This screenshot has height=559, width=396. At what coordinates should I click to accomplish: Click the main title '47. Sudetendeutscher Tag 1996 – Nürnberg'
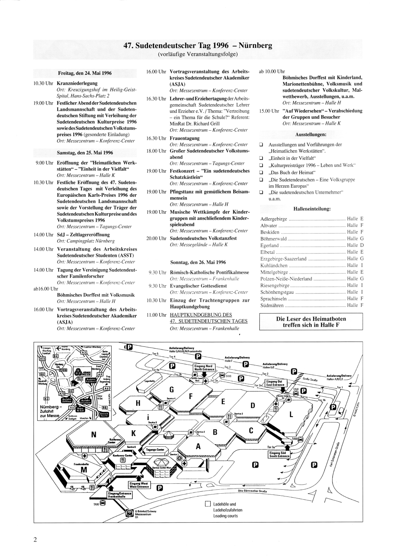198,45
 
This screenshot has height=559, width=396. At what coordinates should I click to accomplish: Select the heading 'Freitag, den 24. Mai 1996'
85,73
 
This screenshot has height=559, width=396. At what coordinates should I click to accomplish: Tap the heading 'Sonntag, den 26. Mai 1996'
198,262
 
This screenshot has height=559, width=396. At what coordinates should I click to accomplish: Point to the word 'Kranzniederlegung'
77,84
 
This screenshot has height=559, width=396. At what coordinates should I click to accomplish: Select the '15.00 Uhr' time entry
269,111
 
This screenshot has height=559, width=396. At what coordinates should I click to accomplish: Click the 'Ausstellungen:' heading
311,135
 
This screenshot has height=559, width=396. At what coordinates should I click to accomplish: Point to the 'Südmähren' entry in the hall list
272,305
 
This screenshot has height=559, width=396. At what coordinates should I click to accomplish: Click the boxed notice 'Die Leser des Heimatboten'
311,319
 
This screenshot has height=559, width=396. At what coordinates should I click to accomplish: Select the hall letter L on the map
291,414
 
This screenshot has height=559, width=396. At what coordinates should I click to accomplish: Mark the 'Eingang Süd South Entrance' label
279,454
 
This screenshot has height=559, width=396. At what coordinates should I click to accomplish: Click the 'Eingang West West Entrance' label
139,485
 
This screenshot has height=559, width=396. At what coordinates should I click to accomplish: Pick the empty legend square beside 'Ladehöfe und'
208,504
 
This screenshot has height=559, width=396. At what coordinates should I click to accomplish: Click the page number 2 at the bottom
35,540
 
